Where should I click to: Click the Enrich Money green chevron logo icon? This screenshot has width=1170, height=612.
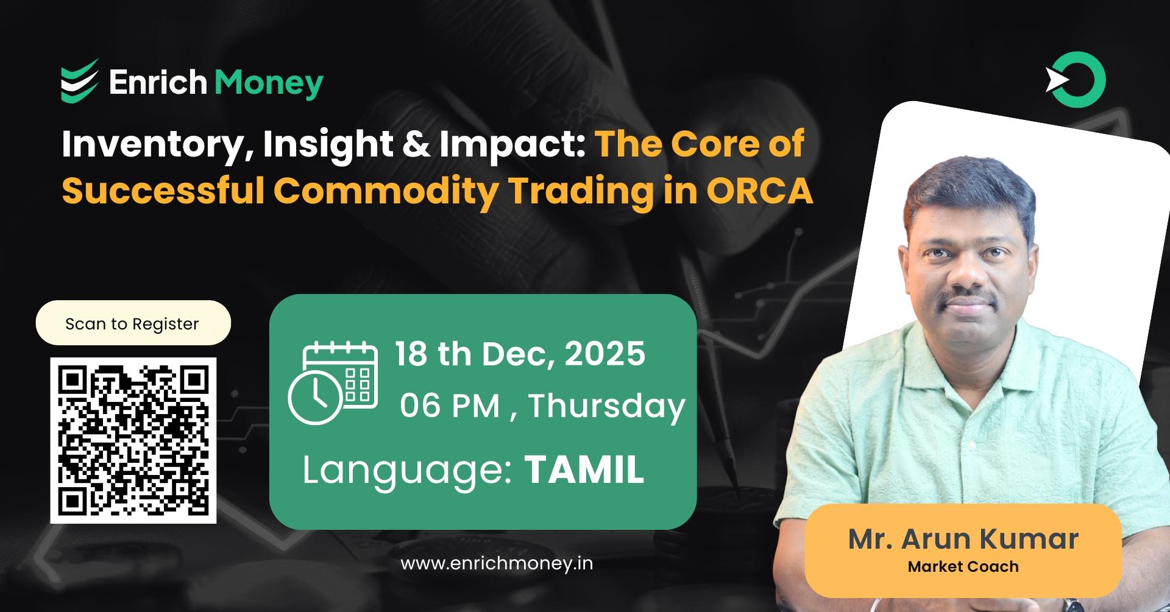click(80, 81)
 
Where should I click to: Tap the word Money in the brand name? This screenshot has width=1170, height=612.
click(269, 83)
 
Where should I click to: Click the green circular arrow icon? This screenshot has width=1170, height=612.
click(1077, 80)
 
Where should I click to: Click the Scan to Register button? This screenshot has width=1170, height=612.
click(133, 323)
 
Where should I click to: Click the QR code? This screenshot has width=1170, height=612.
click(133, 440)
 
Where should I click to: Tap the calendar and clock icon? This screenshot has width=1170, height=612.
click(333, 382)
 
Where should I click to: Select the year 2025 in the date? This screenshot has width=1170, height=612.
click(604, 354)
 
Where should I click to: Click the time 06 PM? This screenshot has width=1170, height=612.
click(450, 406)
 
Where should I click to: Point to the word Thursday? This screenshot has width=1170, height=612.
click(607, 406)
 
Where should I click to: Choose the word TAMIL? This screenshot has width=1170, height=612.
click(584, 470)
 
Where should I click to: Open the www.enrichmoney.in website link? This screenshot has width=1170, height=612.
click(497, 563)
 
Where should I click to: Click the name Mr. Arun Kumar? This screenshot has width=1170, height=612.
click(963, 539)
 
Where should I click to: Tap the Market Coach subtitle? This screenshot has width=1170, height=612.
click(963, 567)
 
